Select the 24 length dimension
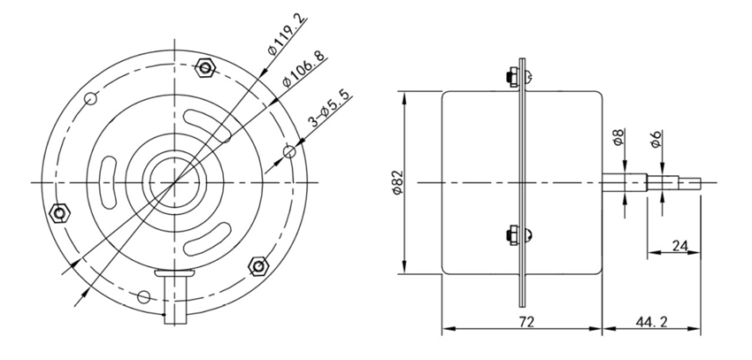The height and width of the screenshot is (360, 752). pos(681,245)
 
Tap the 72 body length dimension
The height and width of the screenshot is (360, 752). pos(526,323)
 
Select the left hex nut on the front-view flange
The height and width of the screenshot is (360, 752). pos(59,212)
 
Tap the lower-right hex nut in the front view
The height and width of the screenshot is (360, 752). pos(259,265)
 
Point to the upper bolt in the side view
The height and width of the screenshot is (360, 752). pos(516,76)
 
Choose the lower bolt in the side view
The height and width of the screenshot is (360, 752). pos(516,235)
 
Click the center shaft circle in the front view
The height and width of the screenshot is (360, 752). pos(173,181)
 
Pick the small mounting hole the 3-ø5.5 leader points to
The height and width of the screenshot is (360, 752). pos(288,152)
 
